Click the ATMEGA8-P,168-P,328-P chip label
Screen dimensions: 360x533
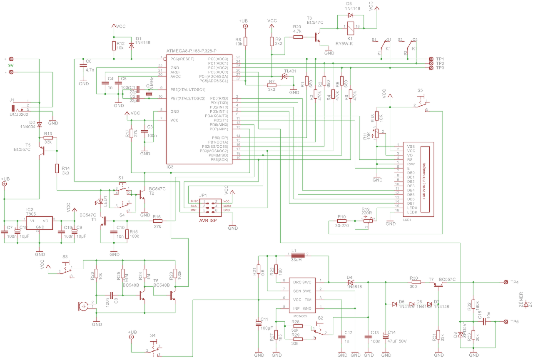[x=191, y=51]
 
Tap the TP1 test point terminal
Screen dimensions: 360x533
[x=431, y=59]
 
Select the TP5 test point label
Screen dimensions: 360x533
[x=515, y=322]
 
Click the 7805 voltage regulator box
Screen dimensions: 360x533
[x=40, y=223]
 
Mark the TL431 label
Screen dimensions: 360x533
[x=290, y=71]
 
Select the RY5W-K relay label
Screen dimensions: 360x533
[x=344, y=43]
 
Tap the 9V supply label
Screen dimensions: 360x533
[x=11, y=66]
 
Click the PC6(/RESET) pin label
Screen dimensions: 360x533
[x=182, y=59]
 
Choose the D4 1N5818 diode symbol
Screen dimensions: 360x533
[x=350, y=282]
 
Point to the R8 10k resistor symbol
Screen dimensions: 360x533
[x=245, y=41]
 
